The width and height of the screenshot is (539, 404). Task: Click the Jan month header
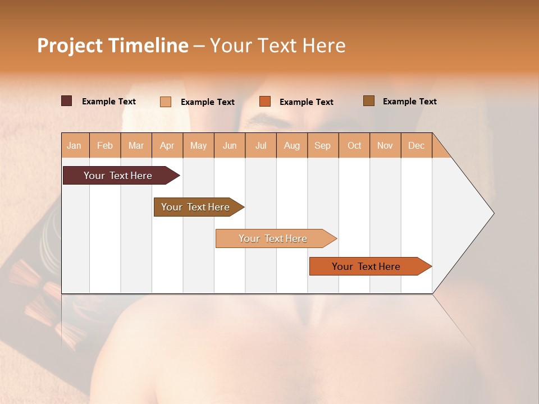point(74,145)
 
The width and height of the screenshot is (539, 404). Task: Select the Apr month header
point(167,145)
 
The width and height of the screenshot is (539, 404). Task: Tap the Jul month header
point(261,145)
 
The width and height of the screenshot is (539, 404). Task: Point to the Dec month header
point(416,145)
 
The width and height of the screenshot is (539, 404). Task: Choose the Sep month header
point(322,145)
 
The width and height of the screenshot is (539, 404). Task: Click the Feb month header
point(105,145)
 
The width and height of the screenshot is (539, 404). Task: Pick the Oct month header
point(354,145)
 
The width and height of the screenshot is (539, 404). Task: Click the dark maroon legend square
point(66,101)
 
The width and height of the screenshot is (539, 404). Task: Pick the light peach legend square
point(166,102)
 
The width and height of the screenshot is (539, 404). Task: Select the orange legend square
point(265,102)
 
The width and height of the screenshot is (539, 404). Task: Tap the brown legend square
point(368,101)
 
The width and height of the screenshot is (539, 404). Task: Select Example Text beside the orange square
point(306,102)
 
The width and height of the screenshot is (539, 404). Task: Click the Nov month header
point(385,145)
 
